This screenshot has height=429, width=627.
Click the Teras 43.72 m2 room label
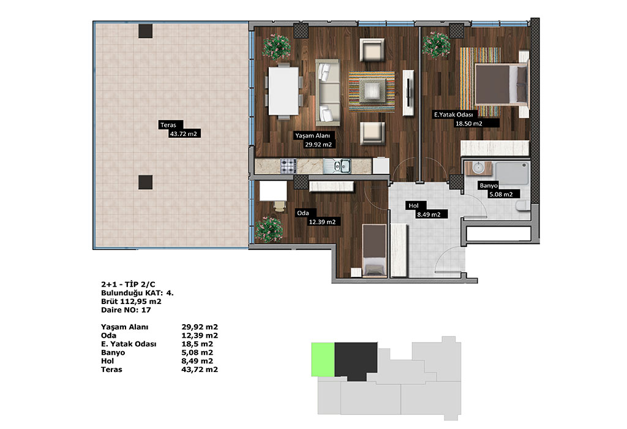[179, 129]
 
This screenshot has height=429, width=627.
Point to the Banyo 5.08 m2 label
[500, 190]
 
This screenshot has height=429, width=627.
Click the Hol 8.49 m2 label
[426, 210]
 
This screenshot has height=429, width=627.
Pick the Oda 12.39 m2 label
[318, 218]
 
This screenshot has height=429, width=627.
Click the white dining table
[283, 91]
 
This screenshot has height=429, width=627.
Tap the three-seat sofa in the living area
[328, 93]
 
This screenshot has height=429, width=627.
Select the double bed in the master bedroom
[502, 85]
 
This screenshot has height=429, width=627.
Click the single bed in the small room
[374, 250]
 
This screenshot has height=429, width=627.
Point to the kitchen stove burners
[288, 165]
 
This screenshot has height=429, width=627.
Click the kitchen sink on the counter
[337, 165]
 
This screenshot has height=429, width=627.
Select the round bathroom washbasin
[478, 167]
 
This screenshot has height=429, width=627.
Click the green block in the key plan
[323, 359]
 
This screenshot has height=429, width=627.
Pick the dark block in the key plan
[356, 361]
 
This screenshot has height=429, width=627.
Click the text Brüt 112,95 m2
[131, 302]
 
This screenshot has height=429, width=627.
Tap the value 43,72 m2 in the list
[200, 370]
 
